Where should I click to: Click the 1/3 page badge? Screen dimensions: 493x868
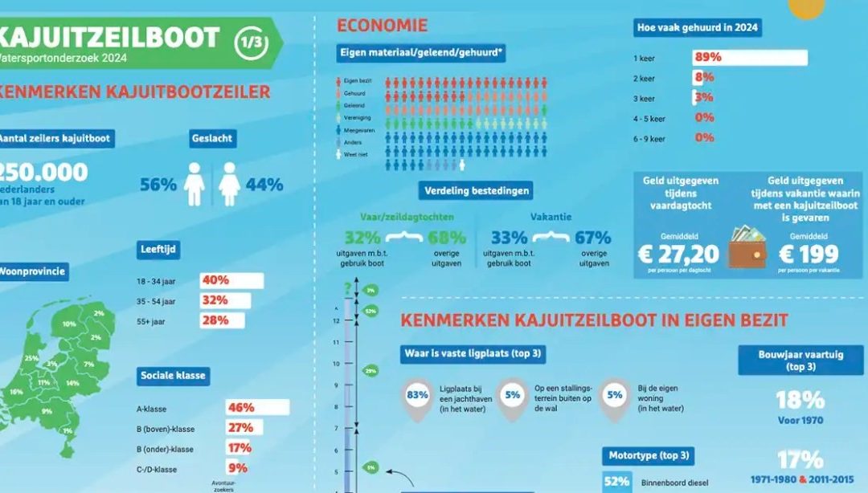(x=251, y=41)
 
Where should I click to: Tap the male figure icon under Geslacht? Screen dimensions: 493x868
(x=194, y=184)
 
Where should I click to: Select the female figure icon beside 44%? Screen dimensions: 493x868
(x=229, y=184)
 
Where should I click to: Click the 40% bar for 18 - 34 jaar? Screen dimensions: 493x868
(x=233, y=280)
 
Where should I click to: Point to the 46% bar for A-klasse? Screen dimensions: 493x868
(x=257, y=407)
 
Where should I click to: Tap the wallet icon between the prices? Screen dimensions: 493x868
(x=747, y=248)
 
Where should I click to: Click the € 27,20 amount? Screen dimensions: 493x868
(x=680, y=255)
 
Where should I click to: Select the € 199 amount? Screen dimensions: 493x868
(x=808, y=255)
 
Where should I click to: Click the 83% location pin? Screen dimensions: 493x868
(x=417, y=396)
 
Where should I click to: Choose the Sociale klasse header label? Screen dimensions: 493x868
(x=173, y=375)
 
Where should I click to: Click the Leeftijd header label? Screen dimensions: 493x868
(x=158, y=250)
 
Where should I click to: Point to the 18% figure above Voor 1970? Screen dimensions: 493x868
(x=800, y=400)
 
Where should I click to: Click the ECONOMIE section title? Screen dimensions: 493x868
(x=382, y=26)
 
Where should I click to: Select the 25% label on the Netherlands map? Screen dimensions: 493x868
(x=31, y=358)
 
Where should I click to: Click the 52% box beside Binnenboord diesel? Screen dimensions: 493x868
(x=616, y=482)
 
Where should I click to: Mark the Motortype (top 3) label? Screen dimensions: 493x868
(x=649, y=455)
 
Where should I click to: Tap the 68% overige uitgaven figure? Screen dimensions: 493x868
(x=447, y=238)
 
